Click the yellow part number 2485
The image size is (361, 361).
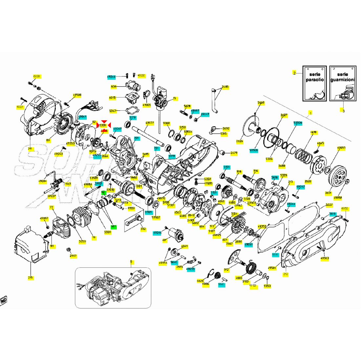(x=225, y=87)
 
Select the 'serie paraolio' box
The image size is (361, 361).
(x=314, y=83)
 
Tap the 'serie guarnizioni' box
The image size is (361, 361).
(x=343, y=83)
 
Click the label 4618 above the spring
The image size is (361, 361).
(x=313, y=133)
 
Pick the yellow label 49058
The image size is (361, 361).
(x=337, y=198)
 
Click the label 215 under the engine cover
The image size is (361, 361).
(x=31, y=278)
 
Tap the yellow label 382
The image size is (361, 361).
(x=143, y=229)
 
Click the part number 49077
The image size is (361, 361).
(x=150, y=123)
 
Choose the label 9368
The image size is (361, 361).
(x=166, y=123)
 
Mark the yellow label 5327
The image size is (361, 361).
(x=329, y=205)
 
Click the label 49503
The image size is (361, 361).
(x=325, y=258)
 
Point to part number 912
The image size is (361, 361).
(x=226, y=270)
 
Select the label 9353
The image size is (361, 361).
(x=267, y=286)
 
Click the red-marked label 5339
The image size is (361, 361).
(x=103, y=125)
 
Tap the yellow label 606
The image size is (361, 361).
(x=114, y=87)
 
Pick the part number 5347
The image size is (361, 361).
(x=113, y=111)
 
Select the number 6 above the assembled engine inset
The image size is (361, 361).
(x=131, y=262)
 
